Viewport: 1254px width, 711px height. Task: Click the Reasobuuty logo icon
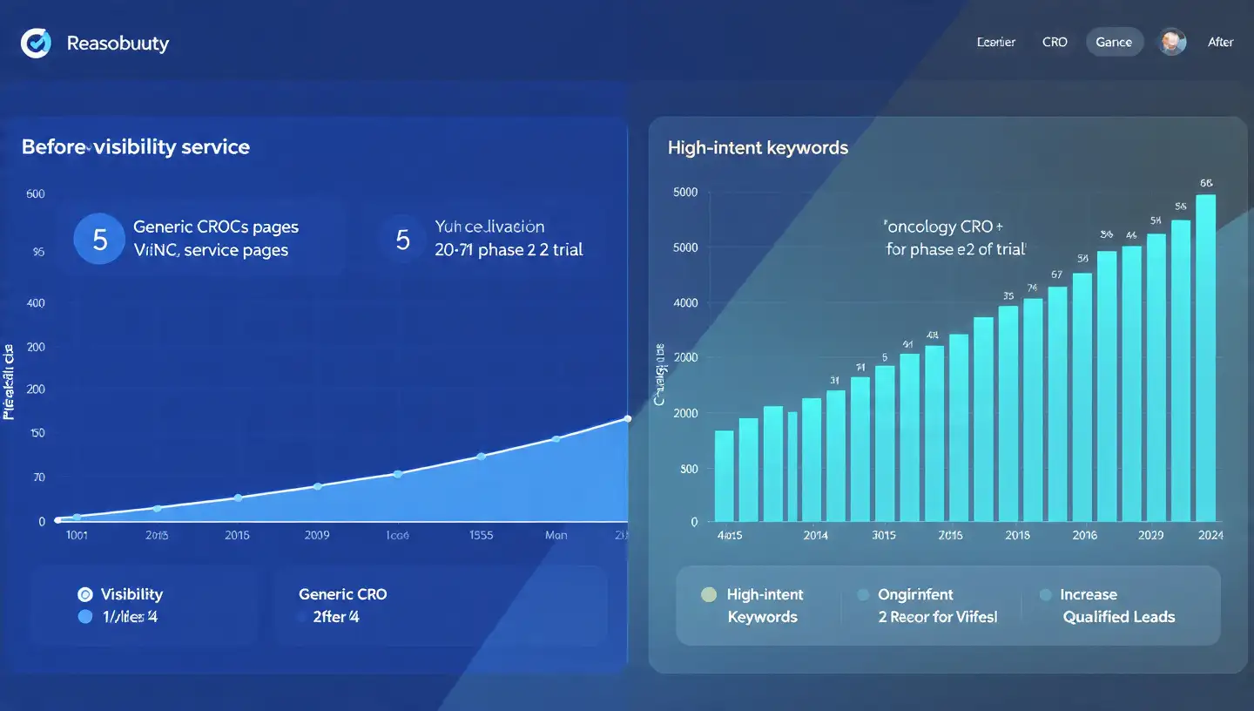(36, 43)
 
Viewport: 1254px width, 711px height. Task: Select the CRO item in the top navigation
(1055, 42)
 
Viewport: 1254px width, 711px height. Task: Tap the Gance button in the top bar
(1114, 42)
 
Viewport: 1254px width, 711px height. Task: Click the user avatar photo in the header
(1172, 42)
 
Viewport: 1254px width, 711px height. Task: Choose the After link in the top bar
(1220, 42)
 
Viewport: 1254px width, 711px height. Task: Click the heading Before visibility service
(136, 146)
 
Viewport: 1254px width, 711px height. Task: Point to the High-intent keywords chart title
(758, 148)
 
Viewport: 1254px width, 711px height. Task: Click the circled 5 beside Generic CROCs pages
(99, 239)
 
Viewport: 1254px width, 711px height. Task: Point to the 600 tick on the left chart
(36, 194)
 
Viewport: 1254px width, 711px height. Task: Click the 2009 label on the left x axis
(317, 535)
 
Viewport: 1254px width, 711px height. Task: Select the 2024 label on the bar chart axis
(1210, 535)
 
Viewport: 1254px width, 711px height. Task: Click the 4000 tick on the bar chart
(686, 303)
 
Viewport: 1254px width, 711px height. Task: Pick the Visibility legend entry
(131, 594)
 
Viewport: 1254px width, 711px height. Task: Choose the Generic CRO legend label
(342, 594)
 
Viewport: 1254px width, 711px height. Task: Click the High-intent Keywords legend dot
(709, 595)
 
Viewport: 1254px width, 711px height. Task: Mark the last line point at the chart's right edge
(628, 419)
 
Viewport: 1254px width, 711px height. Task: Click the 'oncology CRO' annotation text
(939, 227)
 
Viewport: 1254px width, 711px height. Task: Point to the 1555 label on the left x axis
(482, 535)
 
